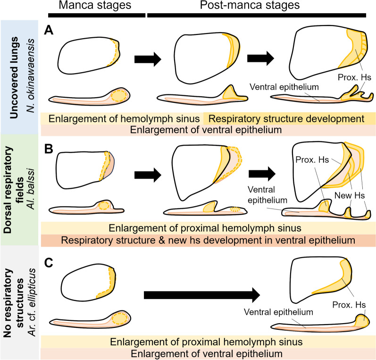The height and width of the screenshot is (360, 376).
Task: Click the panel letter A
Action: point(49,31)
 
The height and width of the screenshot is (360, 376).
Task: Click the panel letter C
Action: point(49,263)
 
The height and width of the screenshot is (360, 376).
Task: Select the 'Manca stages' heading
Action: point(95,5)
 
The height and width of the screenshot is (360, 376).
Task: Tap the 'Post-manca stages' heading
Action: point(250,5)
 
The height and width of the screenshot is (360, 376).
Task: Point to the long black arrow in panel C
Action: point(202,295)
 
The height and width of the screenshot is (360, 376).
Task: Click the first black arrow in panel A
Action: point(148,59)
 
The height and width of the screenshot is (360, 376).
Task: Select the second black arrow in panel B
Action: point(262,174)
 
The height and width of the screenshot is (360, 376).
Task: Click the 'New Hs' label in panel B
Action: point(350,195)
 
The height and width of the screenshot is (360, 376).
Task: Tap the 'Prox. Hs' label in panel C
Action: point(349,305)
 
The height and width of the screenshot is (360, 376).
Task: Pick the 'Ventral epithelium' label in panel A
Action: point(284,87)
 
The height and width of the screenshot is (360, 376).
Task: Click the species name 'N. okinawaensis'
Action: point(31,75)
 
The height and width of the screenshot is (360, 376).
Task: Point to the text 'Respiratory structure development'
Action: point(286,119)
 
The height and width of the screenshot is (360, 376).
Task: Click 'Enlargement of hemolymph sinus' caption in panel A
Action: point(124,119)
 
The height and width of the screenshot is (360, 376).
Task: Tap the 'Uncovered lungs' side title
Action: point(14,77)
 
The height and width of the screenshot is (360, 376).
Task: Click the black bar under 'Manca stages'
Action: point(97,15)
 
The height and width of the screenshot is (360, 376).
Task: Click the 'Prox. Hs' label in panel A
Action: point(354,77)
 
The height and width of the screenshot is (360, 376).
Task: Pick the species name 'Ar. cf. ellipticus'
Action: point(32,302)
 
